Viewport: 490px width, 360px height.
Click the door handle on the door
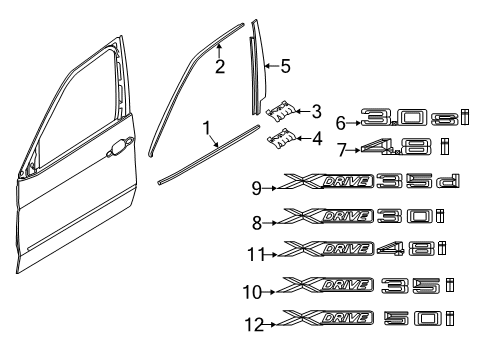pyautogui.click(x=120, y=146)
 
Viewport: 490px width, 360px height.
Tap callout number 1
pyautogui.click(x=207, y=128)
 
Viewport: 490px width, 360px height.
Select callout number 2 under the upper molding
pyautogui.click(x=220, y=66)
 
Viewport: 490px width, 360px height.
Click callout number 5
pyautogui.click(x=285, y=66)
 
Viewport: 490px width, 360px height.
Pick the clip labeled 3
pyautogui.click(x=280, y=110)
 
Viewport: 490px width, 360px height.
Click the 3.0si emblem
pyautogui.click(x=415, y=117)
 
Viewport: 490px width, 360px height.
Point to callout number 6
pyautogui.click(x=340, y=123)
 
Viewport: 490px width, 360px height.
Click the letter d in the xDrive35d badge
pyautogui.click(x=448, y=181)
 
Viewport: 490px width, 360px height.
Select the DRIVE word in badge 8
pyautogui.click(x=347, y=216)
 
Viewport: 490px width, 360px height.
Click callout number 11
pyautogui.click(x=256, y=255)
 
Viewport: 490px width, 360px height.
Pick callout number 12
pyautogui.click(x=254, y=325)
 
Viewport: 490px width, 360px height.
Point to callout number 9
pyautogui.click(x=256, y=188)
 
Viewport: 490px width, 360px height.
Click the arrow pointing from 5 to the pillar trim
pyautogui.click(x=272, y=66)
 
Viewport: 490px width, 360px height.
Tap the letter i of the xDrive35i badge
pyautogui.click(x=450, y=285)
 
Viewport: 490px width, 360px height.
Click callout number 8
pyautogui.click(x=257, y=223)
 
